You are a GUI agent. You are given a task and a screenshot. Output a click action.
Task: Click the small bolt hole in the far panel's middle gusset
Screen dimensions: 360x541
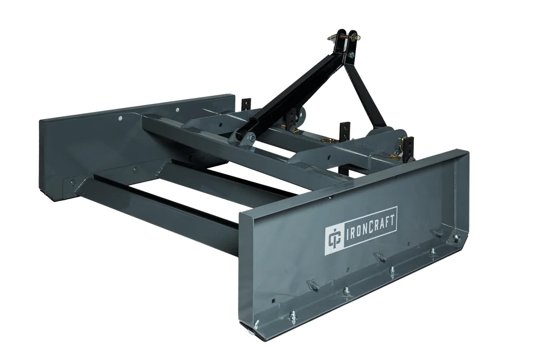click(x=135, y=169)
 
